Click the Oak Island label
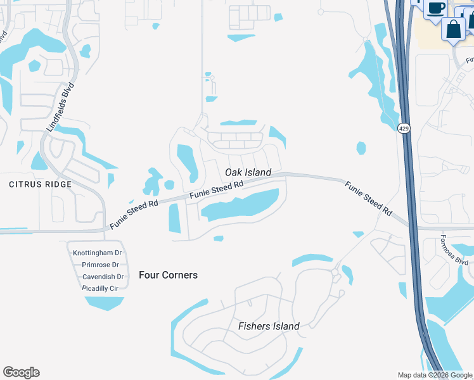click(x=248, y=172)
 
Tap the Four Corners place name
click(x=168, y=275)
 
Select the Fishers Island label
click(x=269, y=326)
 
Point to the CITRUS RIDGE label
click(x=40, y=184)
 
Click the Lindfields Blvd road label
click(x=60, y=107)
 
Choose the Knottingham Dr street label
click(x=97, y=253)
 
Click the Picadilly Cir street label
click(x=101, y=288)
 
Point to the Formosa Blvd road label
click(x=454, y=251)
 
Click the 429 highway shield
click(x=403, y=129)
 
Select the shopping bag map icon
click(x=454, y=29)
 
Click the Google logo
click(x=21, y=372)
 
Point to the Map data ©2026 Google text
click(x=434, y=375)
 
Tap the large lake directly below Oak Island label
click(x=241, y=206)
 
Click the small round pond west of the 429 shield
click(x=361, y=148)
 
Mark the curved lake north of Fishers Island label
click(x=311, y=260)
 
